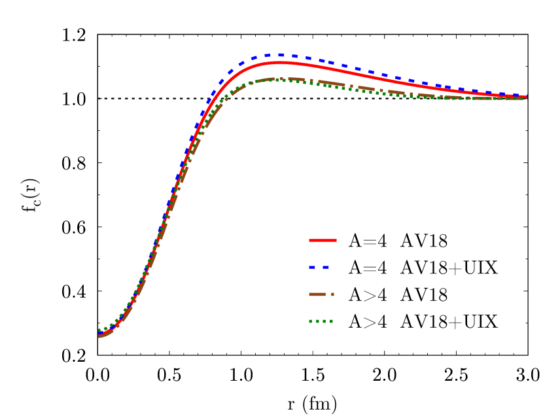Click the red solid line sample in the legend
point(323,241)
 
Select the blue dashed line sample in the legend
point(319,268)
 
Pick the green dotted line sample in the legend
point(321,321)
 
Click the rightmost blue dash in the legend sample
point(326,268)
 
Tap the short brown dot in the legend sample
point(332,294)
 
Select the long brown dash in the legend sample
point(317,294)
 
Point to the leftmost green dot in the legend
point(311,321)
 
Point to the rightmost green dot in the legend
point(332,321)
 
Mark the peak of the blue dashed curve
point(280,55)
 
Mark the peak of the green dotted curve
point(275,79)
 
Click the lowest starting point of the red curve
point(99,336)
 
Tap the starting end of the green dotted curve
point(99,330)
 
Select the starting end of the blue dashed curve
point(99,334)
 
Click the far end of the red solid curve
point(525,97)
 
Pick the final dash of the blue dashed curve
point(521,96)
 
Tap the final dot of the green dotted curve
point(522,99)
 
